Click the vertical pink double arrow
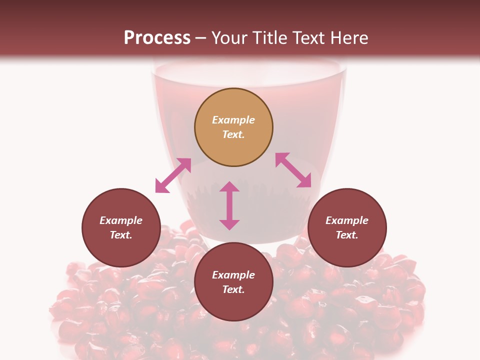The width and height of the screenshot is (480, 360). (229, 205)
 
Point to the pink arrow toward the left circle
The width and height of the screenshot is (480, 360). (173, 175)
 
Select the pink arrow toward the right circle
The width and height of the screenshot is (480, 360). (293, 170)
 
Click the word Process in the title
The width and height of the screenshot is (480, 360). (157, 37)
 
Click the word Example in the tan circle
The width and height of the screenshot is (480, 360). (233, 120)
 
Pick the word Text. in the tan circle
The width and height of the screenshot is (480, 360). (233, 134)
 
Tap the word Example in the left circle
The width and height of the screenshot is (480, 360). (121, 220)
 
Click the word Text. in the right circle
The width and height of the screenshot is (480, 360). (347, 235)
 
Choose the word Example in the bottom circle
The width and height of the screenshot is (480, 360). (233, 275)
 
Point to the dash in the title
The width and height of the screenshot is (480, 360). (200, 38)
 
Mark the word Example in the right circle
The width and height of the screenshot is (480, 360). (347, 220)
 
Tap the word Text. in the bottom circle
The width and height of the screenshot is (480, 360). (233, 289)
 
